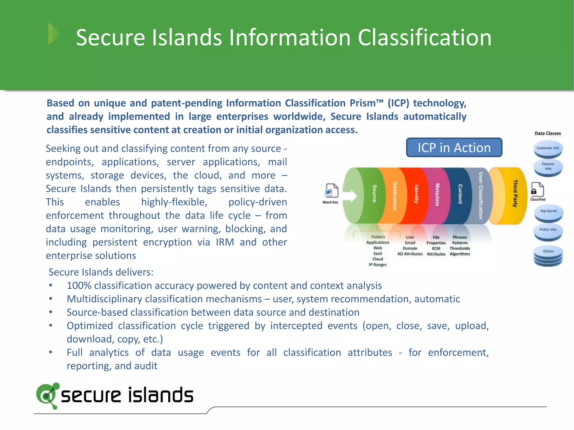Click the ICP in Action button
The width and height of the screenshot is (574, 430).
[x=454, y=148]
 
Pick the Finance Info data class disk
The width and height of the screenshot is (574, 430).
[x=548, y=167]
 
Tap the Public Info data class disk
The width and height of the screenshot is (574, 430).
[x=548, y=231]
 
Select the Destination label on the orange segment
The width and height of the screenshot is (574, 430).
[x=395, y=196]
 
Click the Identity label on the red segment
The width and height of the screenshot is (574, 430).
[x=416, y=194]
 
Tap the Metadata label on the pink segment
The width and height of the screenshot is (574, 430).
[x=437, y=195]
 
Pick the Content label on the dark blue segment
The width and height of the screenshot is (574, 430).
[x=460, y=194]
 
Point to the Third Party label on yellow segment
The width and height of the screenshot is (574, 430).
[x=515, y=193]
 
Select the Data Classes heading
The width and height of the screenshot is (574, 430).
[x=548, y=134]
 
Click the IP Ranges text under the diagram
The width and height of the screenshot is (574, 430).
[x=378, y=265]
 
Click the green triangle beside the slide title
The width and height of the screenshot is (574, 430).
[x=53, y=34]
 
